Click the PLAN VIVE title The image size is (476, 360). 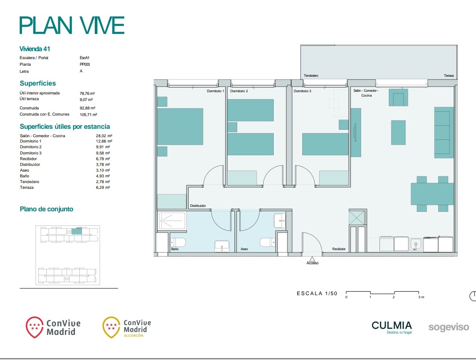pyautogui.click(x=72, y=25)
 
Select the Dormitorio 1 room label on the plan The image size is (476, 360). pyautogui.click(x=216, y=91)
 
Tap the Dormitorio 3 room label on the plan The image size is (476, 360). pyautogui.click(x=302, y=91)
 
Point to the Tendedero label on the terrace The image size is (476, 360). pyautogui.click(x=311, y=75)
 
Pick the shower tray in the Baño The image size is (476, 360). pyautogui.click(x=172, y=221)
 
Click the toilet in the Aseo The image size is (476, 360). pyautogui.click(x=268, y=242)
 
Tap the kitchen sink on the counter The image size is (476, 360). pyautogui.click(x=416, y=244)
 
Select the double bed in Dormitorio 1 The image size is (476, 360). pyautogui.click(x=180, y=126)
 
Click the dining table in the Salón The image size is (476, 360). pyautogui.click(x=432, y=194)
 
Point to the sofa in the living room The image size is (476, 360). pyautogui.click(x=444, y=132)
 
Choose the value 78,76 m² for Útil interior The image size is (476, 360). pyautogui.click(x=87, y=94)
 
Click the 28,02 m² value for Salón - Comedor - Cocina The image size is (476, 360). pyautogui.click(x=104, y=136)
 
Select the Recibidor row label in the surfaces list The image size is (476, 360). pyautogui.click(x=28, y=159)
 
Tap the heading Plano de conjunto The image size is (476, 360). pyautogui.click(x=46, y=209)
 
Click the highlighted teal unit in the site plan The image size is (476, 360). pyautogui.click(x=77, y=231)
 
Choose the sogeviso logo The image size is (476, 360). pyautogui.click(x=449, y=327)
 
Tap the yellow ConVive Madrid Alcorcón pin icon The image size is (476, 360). pyautogui.click(x=112, y=327)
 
